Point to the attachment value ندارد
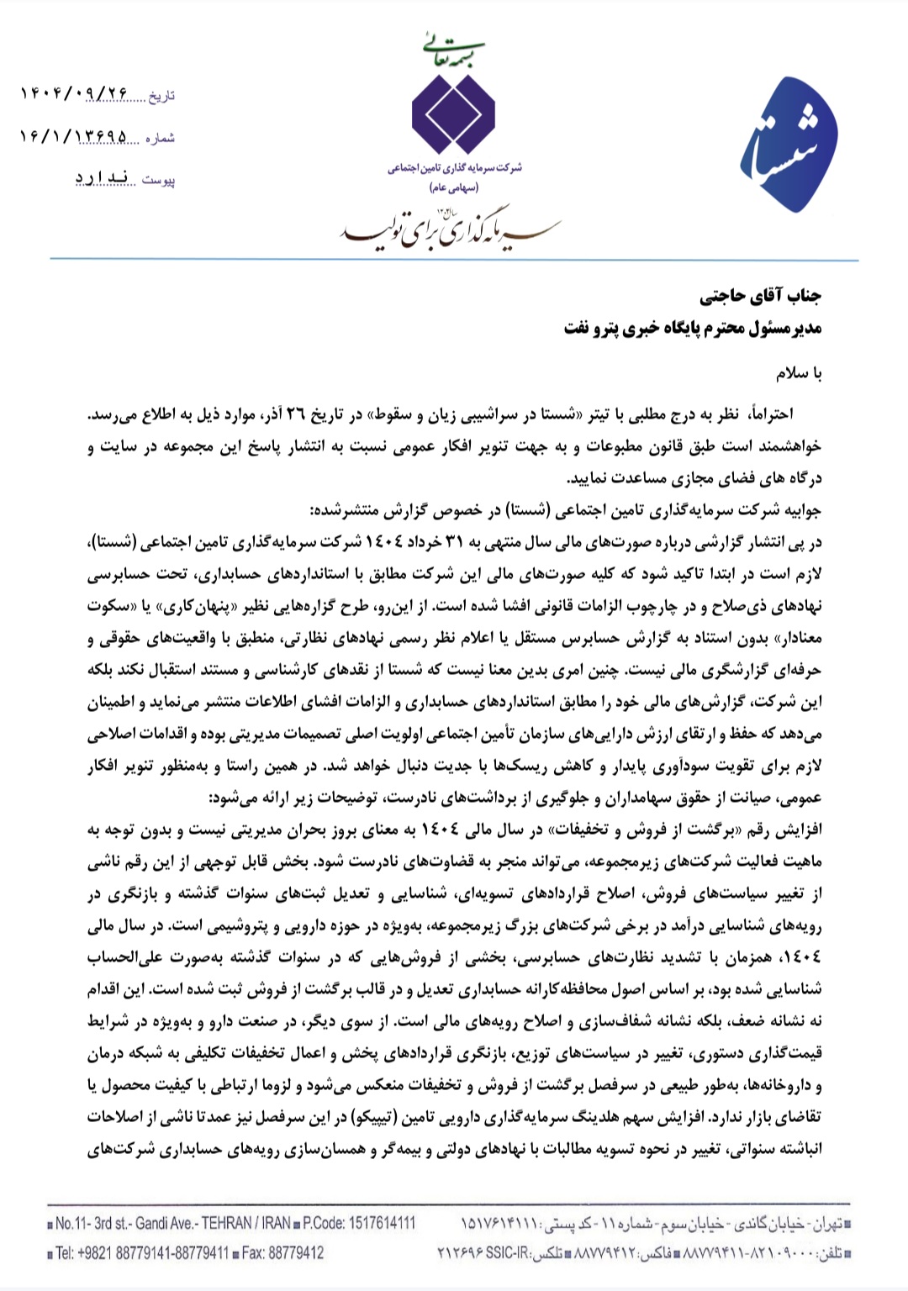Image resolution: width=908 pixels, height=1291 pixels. click(x=101, y=178)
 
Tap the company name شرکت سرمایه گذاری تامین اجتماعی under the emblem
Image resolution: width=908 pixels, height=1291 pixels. click(x=454, y=168)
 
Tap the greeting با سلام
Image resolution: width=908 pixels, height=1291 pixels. click(x=799, y=373)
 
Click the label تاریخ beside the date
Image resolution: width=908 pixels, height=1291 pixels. click(x=161, y=96)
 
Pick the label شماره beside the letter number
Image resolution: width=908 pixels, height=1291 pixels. click(x=160, y=138)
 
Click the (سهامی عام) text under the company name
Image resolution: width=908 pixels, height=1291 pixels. click(x=454, y=188)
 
